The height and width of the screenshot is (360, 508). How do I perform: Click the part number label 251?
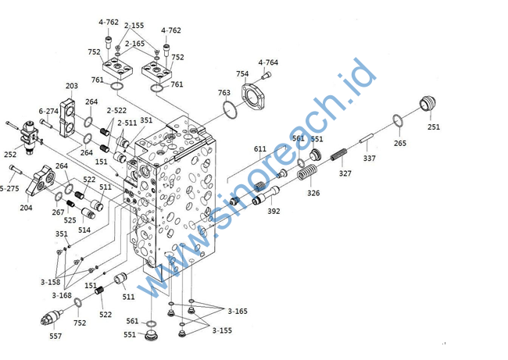433,127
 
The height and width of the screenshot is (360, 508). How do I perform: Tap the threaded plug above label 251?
428,105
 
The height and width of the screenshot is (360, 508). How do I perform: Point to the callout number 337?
369,158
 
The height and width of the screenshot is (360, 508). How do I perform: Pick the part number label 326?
313,193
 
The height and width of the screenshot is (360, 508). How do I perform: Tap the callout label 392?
274,212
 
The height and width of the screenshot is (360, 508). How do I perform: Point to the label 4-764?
268,62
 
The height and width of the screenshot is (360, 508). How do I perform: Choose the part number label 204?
26,208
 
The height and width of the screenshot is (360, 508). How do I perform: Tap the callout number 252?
9,155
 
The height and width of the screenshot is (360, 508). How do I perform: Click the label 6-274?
48,112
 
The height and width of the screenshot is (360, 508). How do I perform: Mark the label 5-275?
9,188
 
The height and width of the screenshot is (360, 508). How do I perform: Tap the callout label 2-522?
116,111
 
